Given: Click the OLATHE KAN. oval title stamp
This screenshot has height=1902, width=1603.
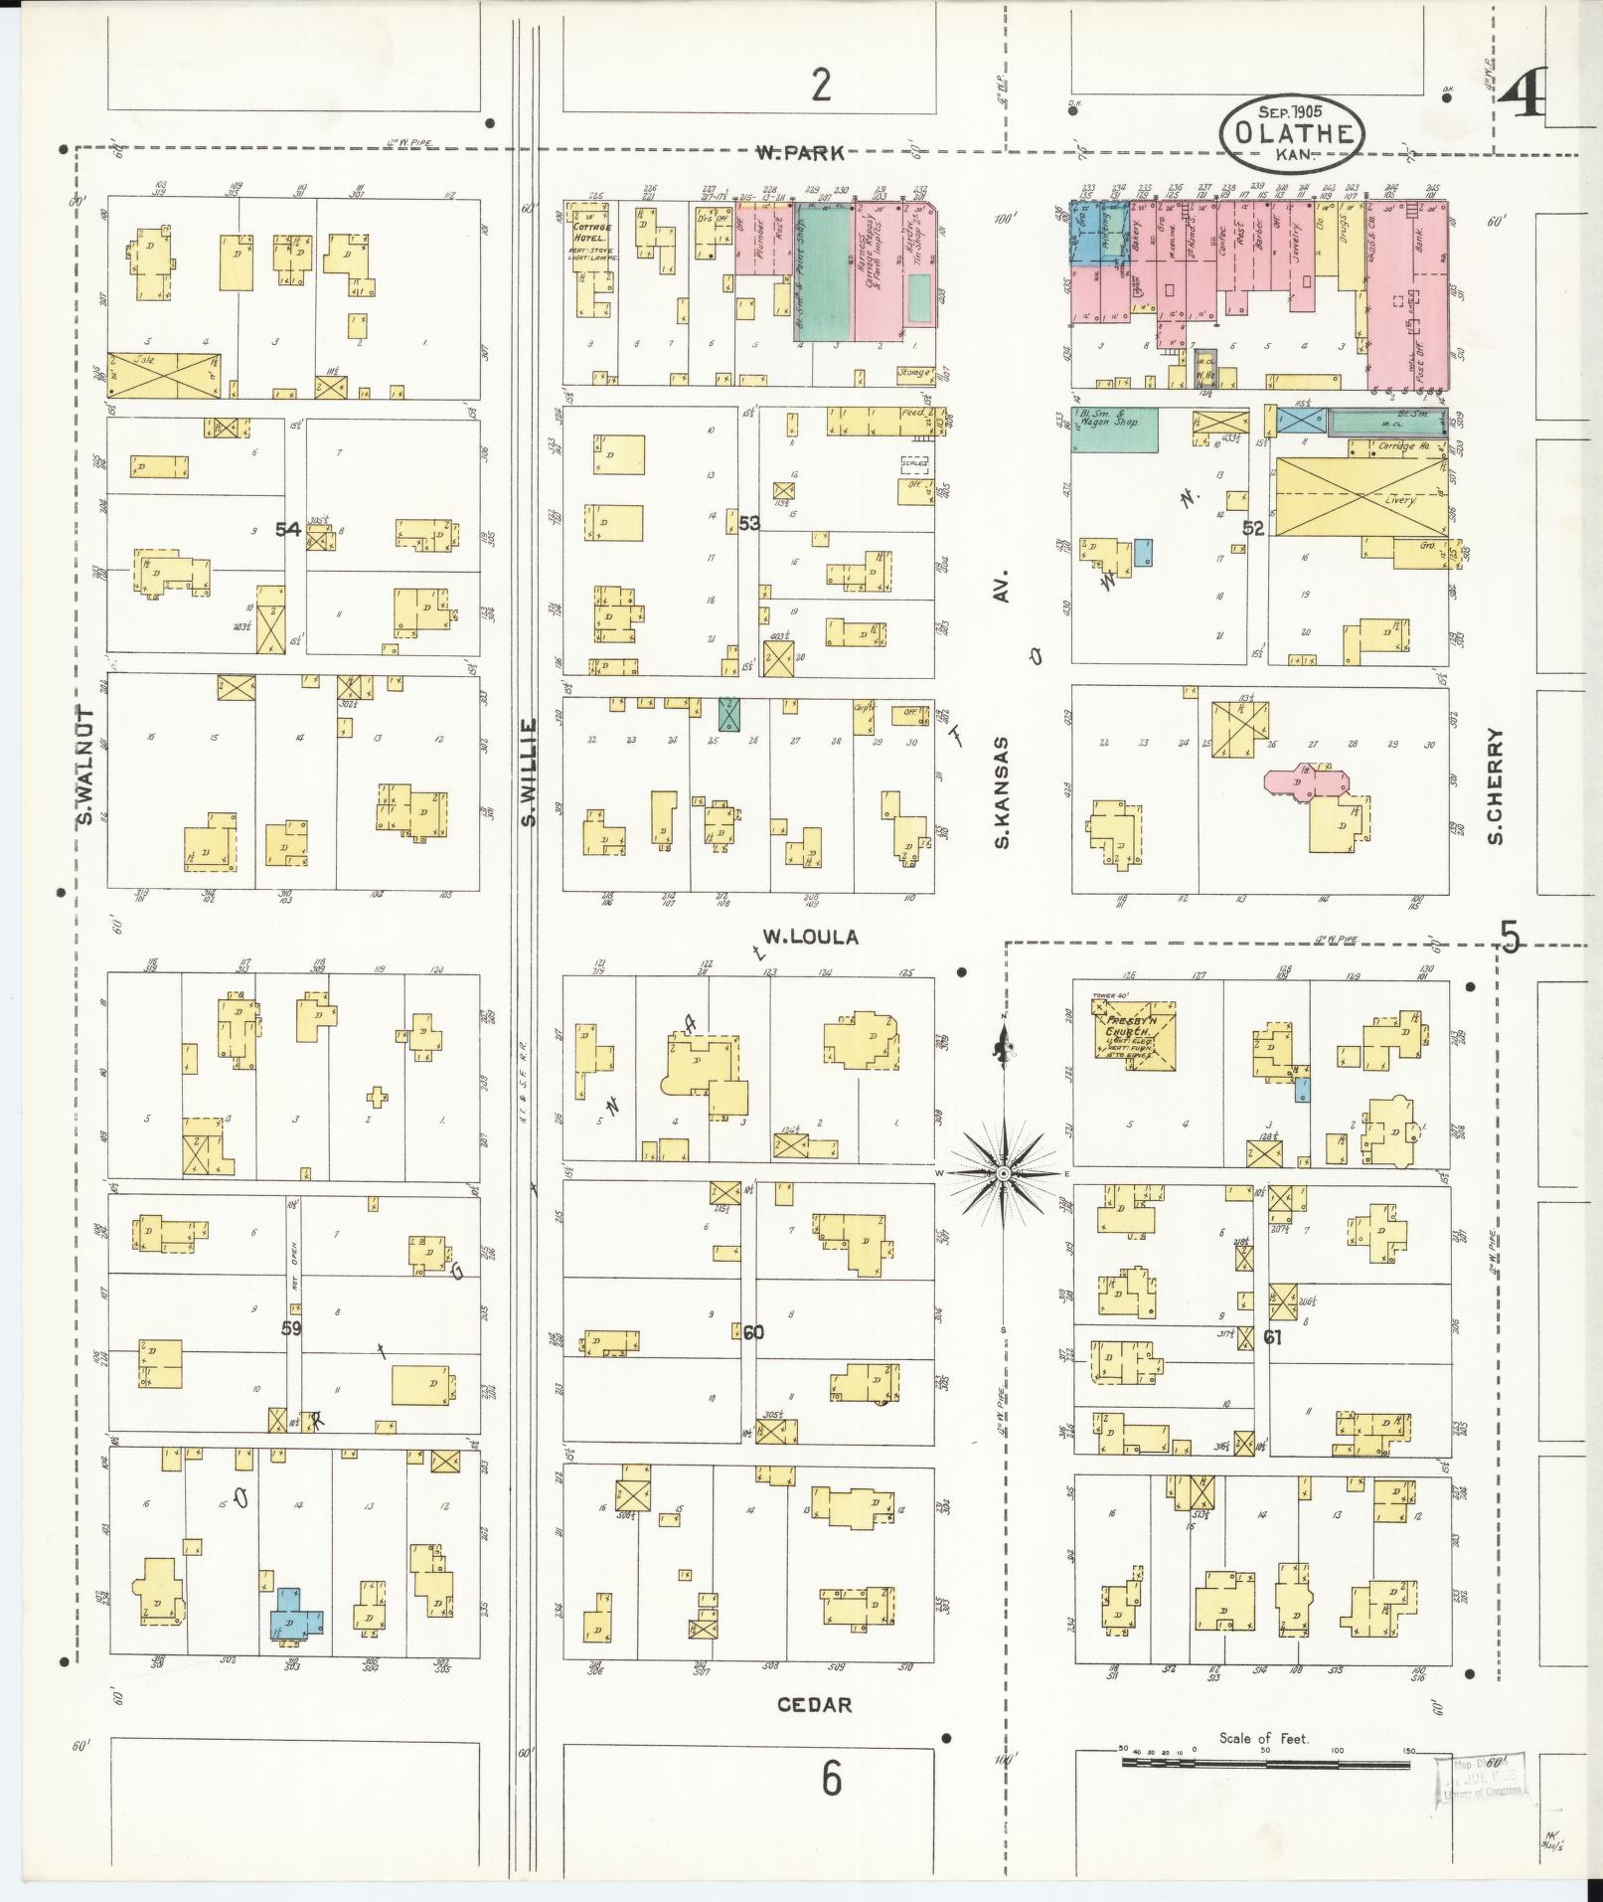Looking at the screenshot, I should [1292, 132].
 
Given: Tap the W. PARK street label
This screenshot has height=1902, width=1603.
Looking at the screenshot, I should [800, 153].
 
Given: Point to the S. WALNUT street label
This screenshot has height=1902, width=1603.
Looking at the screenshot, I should [84, 766].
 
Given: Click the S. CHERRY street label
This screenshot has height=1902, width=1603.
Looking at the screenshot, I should [1495, 786].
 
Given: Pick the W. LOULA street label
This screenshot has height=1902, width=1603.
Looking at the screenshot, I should [810, 937].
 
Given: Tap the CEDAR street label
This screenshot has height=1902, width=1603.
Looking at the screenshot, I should [814, 1705].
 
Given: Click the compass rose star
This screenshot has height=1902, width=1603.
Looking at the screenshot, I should [1004, 1173].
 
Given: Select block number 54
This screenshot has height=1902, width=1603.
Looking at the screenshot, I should [288, 529].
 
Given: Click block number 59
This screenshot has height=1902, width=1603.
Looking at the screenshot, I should [291, 1328].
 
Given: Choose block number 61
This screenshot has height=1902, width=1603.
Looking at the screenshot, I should [1272, 1337].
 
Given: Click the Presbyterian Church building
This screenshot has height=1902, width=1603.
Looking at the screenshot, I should [1134, 1037].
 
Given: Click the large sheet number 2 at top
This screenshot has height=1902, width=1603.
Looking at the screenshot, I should [820, 86].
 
